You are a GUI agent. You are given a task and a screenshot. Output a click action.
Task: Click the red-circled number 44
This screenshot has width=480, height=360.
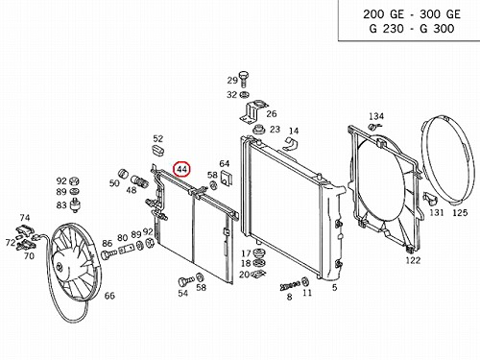click(x=181, y=170)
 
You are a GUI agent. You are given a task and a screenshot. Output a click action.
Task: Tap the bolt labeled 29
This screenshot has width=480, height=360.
click(x=244, y=79)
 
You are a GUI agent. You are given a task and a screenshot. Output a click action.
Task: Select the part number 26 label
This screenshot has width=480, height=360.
click(x=272, y=113)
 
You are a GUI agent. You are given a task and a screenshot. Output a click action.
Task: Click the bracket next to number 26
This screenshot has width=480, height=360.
click(x=252, y=111)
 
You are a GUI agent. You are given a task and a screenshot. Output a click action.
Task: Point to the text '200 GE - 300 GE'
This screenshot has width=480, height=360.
click(x=412, y=14)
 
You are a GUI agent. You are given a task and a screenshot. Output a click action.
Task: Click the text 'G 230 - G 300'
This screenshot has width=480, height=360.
click(x=412, y=29)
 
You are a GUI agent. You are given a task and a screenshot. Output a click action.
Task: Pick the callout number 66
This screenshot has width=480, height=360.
click(x=109, y=296)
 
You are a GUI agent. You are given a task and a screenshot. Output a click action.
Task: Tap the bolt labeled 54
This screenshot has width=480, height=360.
click(x=185, y=281)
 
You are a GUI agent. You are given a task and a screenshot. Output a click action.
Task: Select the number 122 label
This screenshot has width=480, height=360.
click(x=413, y=260)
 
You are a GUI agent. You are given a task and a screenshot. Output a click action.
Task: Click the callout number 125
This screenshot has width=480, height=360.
click(x=460, y=212)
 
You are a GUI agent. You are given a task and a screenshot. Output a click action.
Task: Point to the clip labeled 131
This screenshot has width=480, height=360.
click(x=429, y=199)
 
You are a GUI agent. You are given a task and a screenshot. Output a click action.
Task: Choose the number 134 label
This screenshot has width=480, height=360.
click(x=376, y=116)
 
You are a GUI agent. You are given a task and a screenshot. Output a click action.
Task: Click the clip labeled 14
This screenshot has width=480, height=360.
click(x=291, y=144)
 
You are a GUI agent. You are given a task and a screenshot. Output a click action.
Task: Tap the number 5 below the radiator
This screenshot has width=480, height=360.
click(x=334, y=287)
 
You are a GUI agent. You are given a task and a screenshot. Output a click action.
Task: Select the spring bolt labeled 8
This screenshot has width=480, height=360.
click(x=290, y=285)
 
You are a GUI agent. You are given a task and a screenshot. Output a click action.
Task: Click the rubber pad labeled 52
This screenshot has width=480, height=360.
click(x=158, y=150)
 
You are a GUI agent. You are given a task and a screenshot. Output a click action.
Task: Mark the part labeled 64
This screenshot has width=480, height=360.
click(x=227, y=178)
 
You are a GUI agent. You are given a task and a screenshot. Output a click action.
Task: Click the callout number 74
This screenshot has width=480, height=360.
click(x=25, y=218)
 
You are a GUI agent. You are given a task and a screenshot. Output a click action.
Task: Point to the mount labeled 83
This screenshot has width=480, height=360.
click(x=76, y=204)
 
